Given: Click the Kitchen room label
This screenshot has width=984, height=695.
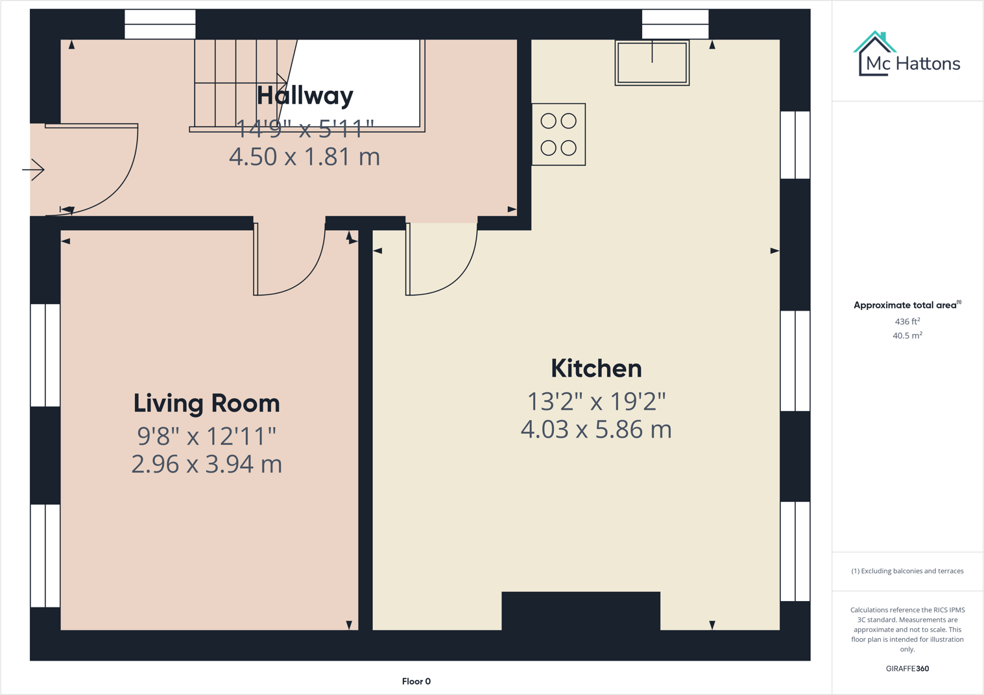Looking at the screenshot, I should pos(596,368).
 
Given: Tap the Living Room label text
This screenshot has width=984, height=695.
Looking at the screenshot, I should pos(206,403).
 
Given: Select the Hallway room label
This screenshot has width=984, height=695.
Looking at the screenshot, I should pos(305,95).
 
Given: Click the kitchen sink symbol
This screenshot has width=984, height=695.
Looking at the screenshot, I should pos(652,63).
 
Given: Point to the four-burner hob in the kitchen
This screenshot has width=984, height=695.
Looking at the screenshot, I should pos(558,134).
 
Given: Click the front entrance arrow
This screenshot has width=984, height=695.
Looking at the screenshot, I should pos(34,170).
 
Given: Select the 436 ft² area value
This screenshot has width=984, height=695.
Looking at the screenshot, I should pos(907,322).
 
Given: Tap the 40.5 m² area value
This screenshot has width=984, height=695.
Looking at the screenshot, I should pos(907,336).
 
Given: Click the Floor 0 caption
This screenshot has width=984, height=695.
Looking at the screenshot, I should pos(416,681).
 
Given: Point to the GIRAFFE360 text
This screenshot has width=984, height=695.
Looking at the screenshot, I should pos(907,668).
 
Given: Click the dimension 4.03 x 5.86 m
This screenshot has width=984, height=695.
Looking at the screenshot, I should pos(596,430).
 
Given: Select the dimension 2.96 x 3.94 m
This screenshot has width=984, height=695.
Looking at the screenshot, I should pos(206,464).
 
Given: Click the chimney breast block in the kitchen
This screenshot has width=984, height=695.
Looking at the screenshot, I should pos(581,610).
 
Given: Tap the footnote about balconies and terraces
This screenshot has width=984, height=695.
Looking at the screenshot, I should pos(907,571).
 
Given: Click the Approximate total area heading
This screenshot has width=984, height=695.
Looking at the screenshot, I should pos(906,305).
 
